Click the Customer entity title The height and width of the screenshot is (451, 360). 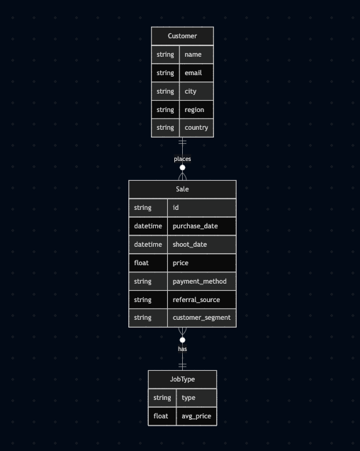[x=182, y=36]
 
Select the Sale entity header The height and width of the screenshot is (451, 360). [x=182, y=189]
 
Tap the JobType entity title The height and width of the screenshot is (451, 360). [x=182, y=379]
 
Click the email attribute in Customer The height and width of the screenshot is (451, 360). [x=193, y=73]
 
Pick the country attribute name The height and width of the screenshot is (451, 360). [x=196, y=128]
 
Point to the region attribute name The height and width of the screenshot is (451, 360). [x=194, y=110]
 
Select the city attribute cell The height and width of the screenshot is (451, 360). [x=196, y=91]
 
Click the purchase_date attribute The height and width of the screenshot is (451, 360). [x=196, y=226]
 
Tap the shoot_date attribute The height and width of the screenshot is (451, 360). [x=190, y=245]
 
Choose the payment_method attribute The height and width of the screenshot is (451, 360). [x=200, y=282]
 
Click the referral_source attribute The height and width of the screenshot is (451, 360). [x=196, y=300]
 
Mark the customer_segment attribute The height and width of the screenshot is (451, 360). [x=201, y=318]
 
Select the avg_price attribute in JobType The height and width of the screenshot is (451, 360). [x=196, y=416]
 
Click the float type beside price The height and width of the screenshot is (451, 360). [x=141, y=263]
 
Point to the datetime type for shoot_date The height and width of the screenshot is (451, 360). [x=148, y=245]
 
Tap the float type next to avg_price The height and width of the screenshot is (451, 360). [x=161, y=416]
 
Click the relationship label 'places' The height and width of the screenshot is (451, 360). [x=182, y=159]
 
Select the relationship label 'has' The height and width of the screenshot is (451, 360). [x=182, y=349]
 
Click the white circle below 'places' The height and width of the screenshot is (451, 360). [x=182, y=167]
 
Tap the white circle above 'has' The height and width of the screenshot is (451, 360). [x=182, y=340]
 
